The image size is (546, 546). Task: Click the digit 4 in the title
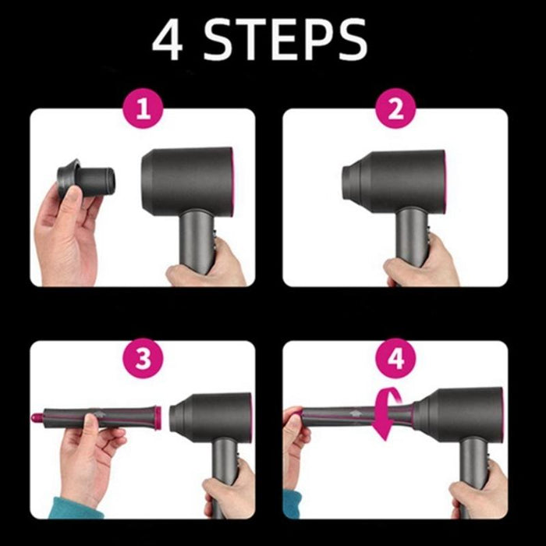coord(168,40)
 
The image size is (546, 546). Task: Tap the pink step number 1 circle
coord(142,109)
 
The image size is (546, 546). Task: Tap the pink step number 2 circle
coord(395,109)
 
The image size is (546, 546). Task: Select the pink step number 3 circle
coord(142,360)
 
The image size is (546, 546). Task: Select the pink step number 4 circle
coord(395,360)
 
